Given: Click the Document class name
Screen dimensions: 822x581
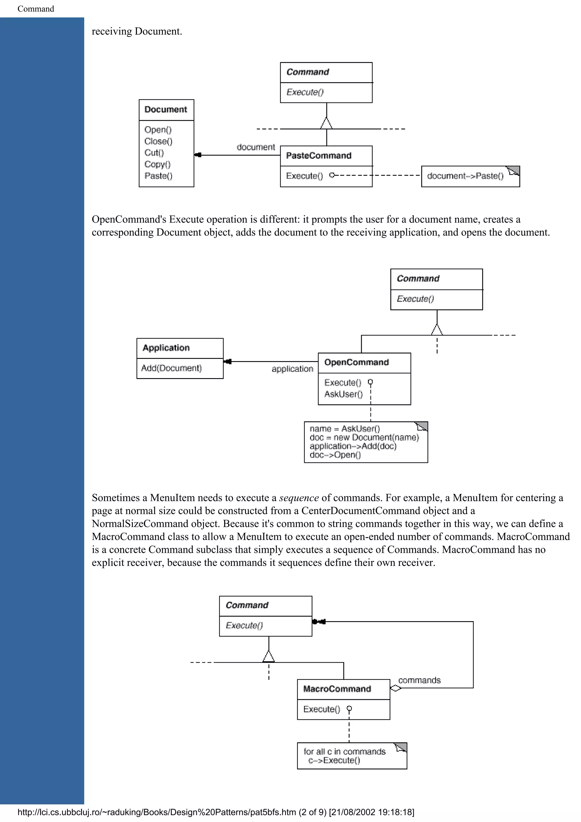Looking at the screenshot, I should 165,109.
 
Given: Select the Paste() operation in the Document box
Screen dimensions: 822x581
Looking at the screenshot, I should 158,176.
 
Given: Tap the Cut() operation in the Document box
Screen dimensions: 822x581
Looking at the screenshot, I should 154,153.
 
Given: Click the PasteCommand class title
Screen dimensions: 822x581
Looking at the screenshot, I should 319,156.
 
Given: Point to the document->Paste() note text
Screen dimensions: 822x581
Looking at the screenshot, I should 465,176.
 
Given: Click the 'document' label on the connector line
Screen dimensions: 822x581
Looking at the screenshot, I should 256,147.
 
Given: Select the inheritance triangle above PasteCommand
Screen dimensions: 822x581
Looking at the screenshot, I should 327,123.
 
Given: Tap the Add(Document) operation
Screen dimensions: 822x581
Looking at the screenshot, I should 171,368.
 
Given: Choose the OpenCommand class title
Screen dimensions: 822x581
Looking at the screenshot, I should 356,362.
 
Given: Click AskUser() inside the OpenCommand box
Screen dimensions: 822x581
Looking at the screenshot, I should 343,394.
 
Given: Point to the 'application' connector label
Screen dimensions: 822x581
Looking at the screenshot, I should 292,369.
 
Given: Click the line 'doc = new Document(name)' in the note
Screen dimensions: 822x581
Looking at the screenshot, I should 364,437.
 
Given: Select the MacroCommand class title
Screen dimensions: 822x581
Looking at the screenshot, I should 337,689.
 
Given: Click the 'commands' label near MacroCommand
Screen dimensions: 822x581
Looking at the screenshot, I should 419,680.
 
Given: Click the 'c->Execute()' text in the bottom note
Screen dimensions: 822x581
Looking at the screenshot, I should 334,760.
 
